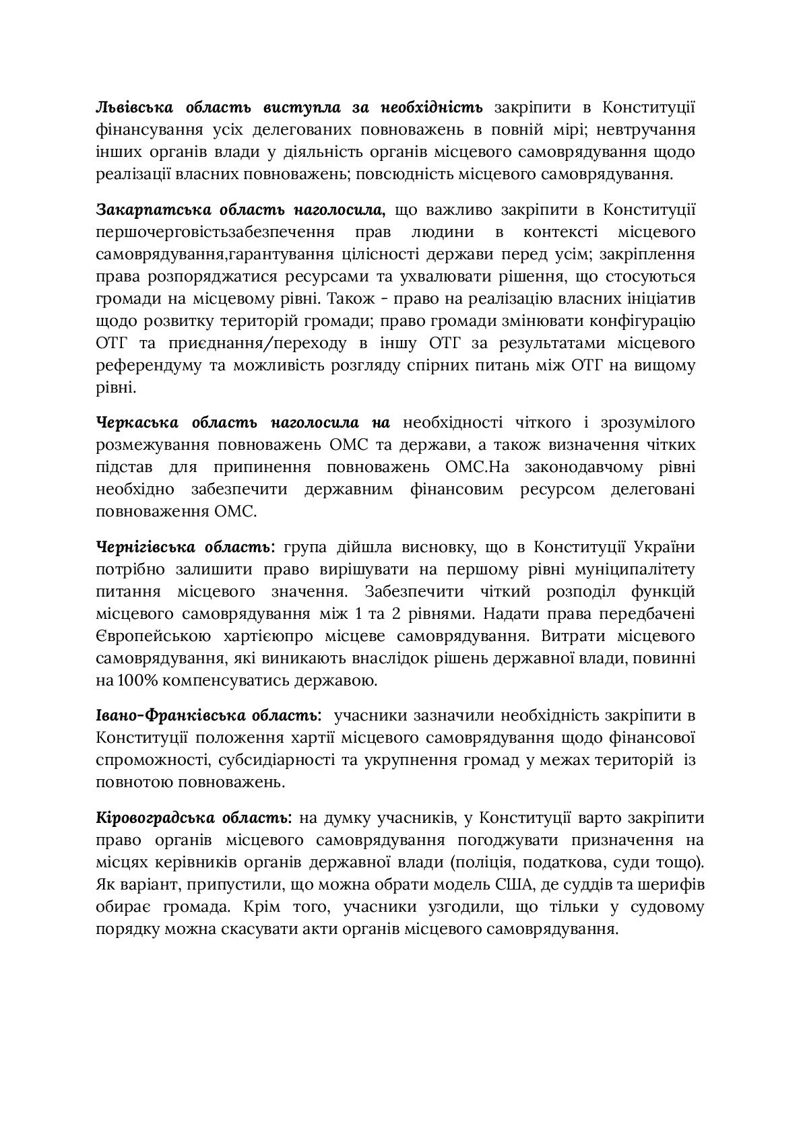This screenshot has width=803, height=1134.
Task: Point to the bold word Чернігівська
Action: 144,547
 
